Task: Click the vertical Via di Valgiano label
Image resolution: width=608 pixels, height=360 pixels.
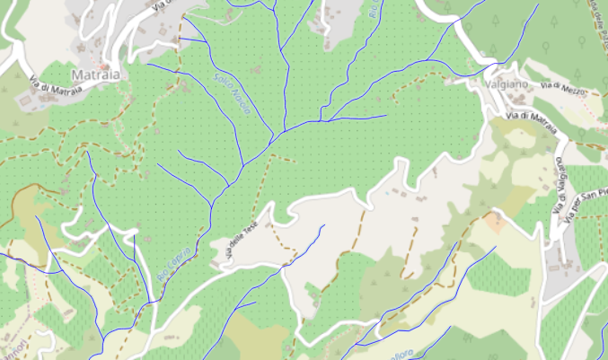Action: tap(560, 185)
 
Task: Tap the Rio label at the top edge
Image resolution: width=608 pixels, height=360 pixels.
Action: tap(373, 10)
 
